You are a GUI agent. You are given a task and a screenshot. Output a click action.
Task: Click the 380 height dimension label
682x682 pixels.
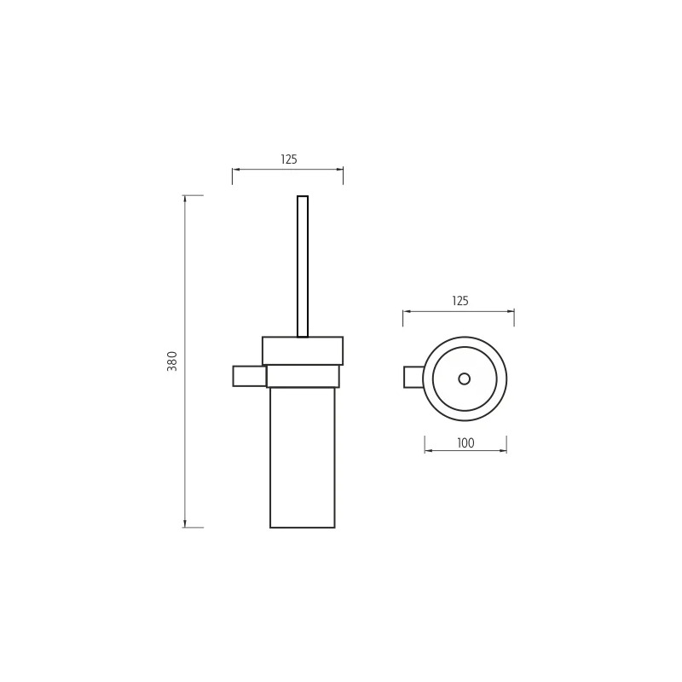pyautogui.click(x=173, y=361)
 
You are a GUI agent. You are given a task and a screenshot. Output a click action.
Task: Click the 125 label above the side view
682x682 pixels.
pyautogui.click(x=289, y=159)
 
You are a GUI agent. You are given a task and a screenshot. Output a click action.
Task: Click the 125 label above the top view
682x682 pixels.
pyautogui.click(x=460, y=301)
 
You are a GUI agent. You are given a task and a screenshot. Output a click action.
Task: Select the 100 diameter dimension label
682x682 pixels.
pyautogui.click(x=465, y=443)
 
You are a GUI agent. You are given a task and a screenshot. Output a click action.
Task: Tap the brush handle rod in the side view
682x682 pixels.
pyautogui.click(x=303, y=266)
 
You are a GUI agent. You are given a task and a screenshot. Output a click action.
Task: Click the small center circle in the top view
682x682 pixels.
pyautogui.click(x=465, y=379)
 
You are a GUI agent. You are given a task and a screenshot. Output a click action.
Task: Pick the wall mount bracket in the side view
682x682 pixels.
pyautogui.click(x=249, y=376)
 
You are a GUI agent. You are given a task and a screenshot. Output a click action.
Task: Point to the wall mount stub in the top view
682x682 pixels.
pyautogui.click(x=413, y=377)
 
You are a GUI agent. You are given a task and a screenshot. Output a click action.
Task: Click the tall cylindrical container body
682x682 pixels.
pyautogui.click(x=303, y=458)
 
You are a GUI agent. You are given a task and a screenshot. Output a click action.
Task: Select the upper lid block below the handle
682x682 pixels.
pyautogui.click(x=303, y=350)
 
